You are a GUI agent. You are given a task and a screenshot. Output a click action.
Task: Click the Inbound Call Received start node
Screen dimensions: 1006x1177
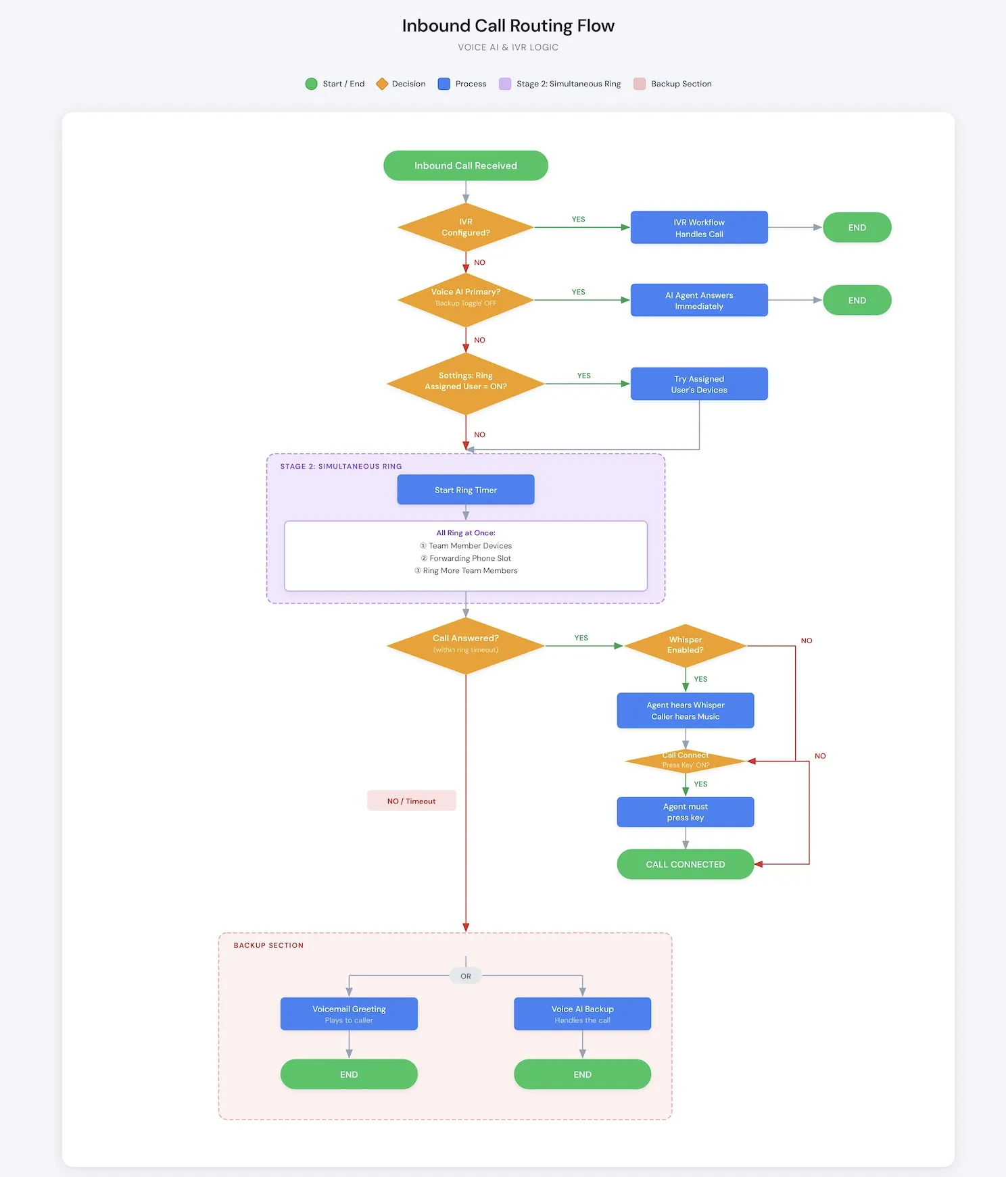(465, 166)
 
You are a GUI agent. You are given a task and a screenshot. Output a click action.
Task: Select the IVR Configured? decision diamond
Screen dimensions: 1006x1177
(465, 227)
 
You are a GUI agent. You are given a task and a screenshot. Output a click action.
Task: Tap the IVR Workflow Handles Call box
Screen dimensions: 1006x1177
(699, 228)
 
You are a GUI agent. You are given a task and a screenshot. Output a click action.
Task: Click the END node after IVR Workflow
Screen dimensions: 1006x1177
(857, 228)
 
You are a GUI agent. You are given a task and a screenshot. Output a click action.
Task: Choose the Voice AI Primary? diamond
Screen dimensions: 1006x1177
(465, 299)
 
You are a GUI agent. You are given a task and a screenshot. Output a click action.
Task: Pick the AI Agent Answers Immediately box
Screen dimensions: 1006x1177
(699, 300)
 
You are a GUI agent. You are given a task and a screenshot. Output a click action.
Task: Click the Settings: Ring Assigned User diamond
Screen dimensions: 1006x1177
(465, 383)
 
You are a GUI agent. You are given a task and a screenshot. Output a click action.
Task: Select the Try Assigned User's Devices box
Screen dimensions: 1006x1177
(699, 384)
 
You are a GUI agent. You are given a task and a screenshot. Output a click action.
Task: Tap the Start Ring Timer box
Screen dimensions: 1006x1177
(465, 490)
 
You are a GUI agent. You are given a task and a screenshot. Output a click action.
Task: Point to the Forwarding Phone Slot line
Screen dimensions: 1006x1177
(466, 558)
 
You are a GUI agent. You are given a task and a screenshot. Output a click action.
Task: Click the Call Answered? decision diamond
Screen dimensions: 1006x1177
(465, 646)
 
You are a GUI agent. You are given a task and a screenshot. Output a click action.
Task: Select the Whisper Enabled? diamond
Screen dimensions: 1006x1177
(686, 645)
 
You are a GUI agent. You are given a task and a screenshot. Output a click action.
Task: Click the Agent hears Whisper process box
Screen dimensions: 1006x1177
(686, 711)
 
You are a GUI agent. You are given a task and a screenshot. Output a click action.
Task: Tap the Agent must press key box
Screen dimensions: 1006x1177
(686, 812)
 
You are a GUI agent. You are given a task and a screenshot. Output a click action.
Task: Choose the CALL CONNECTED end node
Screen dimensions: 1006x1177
(686, 864)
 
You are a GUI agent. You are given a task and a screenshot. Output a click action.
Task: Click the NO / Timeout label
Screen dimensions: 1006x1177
(411, 801)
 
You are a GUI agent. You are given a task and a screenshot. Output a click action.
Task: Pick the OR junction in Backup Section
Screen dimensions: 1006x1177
(466, 976)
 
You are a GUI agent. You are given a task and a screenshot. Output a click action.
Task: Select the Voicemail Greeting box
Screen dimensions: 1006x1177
(349, 1013)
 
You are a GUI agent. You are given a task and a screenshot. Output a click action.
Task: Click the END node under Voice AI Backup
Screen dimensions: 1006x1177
(582, 1074)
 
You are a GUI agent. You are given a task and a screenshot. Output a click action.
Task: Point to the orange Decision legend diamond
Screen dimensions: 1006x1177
(382, 84)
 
